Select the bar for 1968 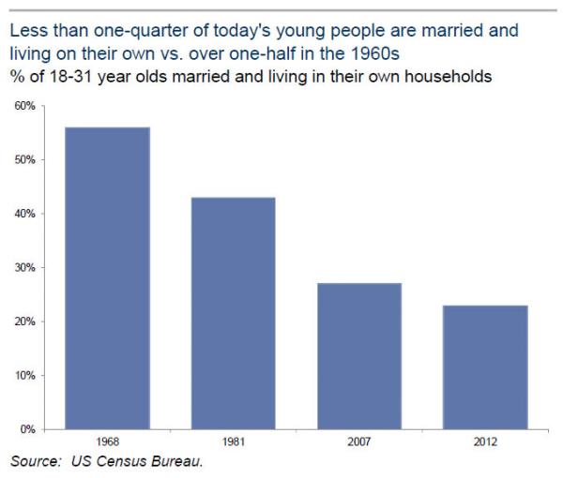[x=107, y=278]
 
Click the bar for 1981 [x=234, y=313]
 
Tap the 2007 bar [x=359, y=356]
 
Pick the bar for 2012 [x=485, y=367]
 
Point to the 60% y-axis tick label [x=25, y=106]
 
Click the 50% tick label [x=25, y=159]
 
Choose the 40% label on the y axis [x=25, y=214]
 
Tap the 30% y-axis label [x=25, y=267]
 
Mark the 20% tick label [x=25, y=321]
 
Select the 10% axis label [x=25, y=376]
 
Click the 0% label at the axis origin [x=27, y=429]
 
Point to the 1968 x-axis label [x=108, y=441]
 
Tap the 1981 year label [x=234, y=441]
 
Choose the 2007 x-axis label [x=359, y=441]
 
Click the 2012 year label [x=485, y=441]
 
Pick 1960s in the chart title [x=374, y=53]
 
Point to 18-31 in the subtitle [x=70, y=77]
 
